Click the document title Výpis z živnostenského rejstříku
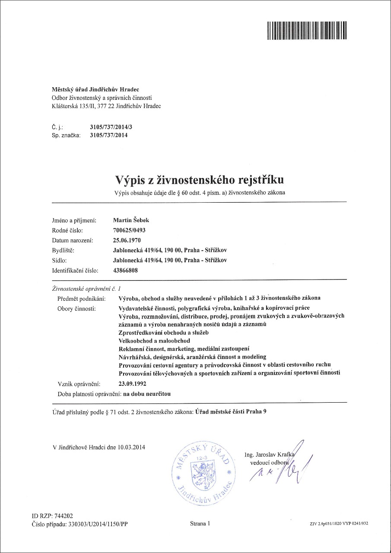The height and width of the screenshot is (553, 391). [200, 179]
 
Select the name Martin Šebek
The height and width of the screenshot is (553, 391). [130, 220]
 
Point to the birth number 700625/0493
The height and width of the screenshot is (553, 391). [129, 230]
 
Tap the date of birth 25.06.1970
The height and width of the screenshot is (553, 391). [127, 240]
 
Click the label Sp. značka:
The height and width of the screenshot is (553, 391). [66, 135]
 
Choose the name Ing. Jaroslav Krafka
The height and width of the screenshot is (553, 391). [269, 455]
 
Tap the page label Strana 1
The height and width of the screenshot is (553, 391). [200, 524]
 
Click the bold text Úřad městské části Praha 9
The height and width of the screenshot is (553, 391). [231, 412]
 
